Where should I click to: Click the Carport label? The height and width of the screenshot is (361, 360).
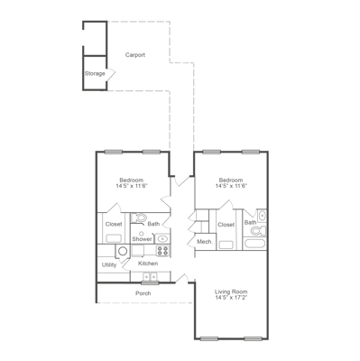135,55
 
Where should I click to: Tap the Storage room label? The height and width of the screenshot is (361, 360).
95,73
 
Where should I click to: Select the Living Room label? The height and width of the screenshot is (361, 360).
231,291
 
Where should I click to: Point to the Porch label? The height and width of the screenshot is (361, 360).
143,293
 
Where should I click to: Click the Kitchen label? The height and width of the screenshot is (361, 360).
148,264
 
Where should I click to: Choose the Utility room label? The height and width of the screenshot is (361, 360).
109,264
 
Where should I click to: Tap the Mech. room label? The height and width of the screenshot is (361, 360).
204,243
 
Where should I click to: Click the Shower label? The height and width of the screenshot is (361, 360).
142,239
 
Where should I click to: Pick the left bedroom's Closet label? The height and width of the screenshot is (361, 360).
114,224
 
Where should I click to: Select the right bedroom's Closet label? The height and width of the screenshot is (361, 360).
226,224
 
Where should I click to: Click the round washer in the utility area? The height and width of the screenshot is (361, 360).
123,251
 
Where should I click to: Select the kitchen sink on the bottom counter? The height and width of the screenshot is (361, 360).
150,275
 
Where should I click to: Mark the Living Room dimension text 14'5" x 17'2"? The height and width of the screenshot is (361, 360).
231,298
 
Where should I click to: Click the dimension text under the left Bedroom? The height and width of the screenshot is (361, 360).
133,186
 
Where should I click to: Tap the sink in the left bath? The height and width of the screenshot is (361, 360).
162,238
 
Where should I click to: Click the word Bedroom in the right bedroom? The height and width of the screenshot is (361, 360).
231,180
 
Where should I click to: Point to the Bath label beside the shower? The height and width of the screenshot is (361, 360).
154,224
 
